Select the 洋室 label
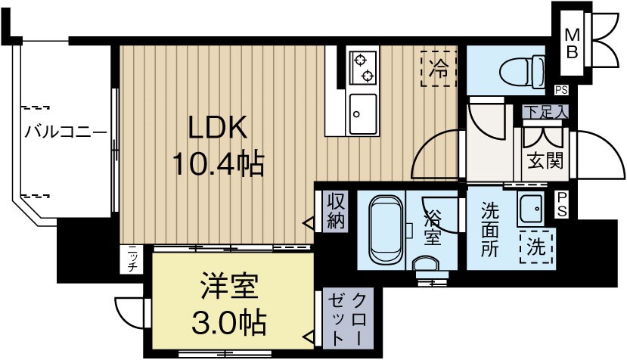(x=230, y=289)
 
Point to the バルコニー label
(x=65, y=132)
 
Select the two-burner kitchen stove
(x=362, y=67)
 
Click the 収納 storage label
(x=336, y=211)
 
